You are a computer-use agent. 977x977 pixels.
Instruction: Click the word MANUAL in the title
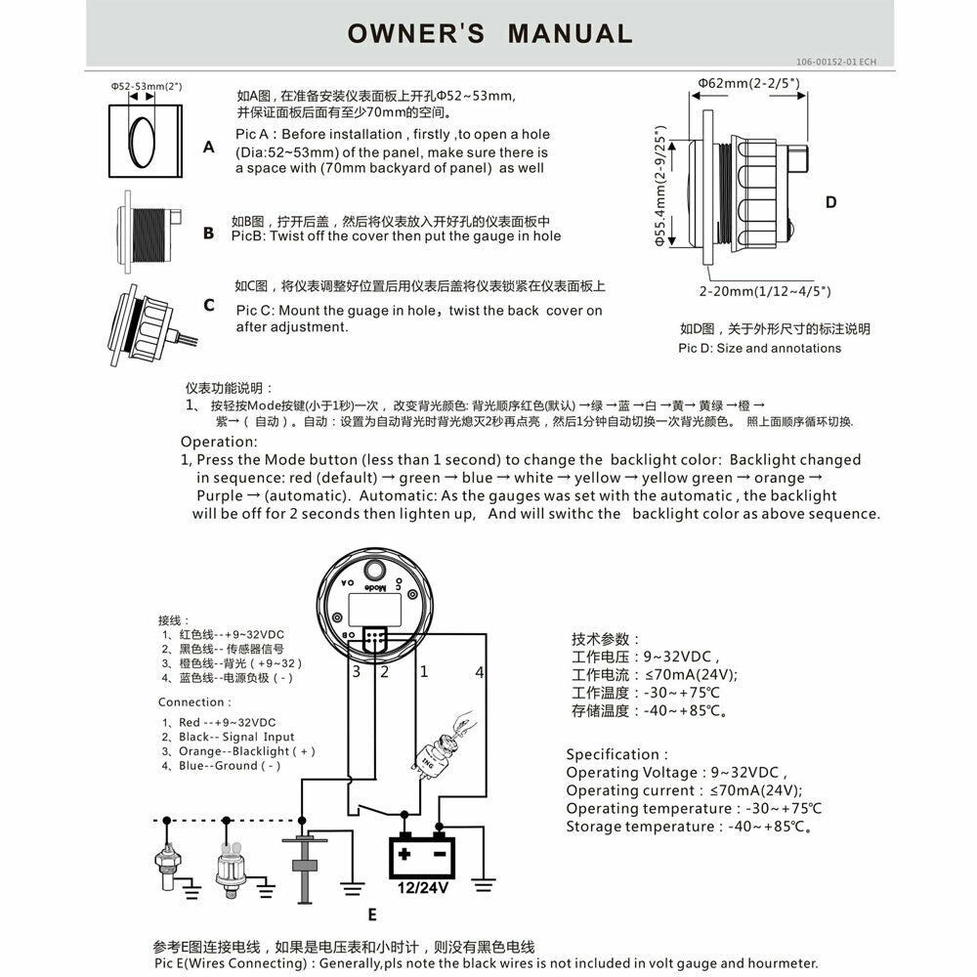[571, 33]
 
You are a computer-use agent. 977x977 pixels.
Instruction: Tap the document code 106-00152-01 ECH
[835, 62]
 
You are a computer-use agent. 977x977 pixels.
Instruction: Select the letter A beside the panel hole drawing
[209, 148]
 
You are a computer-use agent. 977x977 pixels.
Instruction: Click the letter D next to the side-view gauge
[830, 202]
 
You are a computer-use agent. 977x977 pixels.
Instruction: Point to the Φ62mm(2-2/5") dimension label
[748, 83]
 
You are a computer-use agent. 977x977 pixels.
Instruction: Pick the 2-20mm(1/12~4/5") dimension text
[765, 291]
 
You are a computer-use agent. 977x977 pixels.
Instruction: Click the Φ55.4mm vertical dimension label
[660, 186]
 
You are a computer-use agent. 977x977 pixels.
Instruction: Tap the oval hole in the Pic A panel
[142, 142]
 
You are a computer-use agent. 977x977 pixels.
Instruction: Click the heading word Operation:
[219, 442]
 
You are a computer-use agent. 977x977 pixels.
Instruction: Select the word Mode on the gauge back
[375, 587]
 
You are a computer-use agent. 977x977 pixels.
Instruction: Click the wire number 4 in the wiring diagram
[479, 672]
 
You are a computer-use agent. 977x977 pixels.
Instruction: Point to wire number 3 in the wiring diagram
[357, 672]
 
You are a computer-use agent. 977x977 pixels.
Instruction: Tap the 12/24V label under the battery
[422, 887]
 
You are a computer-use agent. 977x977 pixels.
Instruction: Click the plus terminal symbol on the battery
[404, 854]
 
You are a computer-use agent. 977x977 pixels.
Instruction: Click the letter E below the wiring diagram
[372, 914]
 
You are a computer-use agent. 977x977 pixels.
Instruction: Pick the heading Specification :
[616, 754]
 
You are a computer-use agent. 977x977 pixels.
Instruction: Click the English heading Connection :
[194, 702]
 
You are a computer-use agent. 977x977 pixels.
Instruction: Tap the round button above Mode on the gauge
[374, 571]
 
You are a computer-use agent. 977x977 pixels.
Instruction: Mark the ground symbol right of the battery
[484, 885]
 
